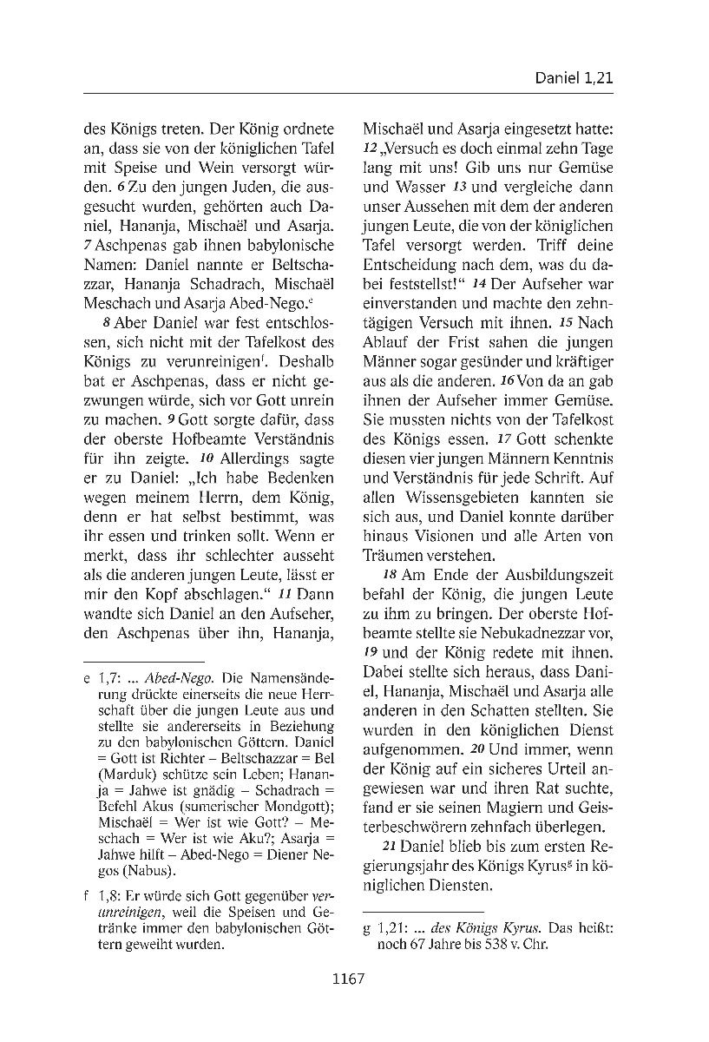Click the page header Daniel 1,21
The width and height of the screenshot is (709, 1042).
click(x=574, y=78)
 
